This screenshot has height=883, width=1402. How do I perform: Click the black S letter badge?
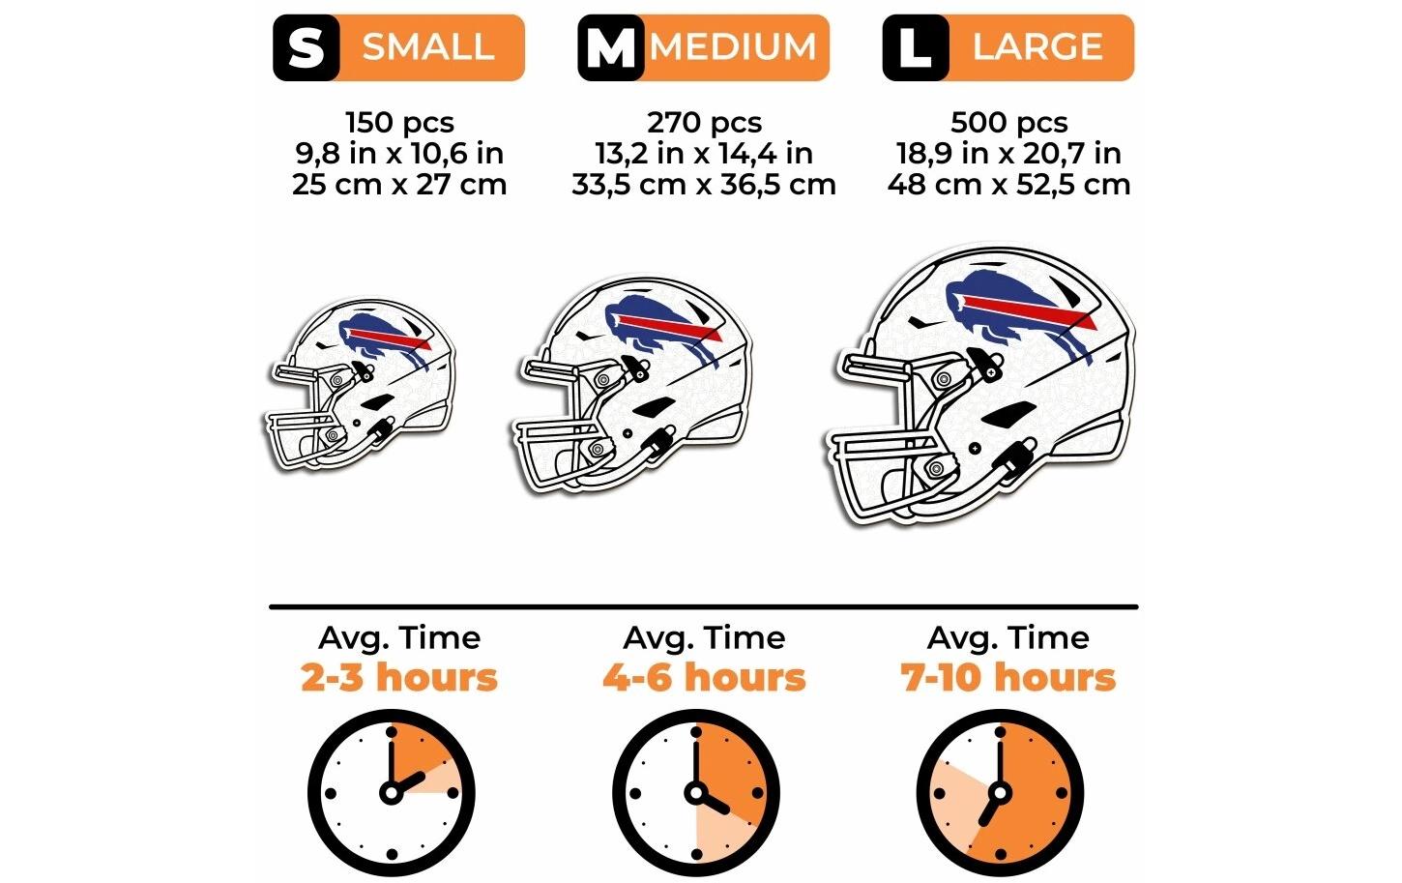pos(306,47)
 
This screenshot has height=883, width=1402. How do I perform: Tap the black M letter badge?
pos(610,47)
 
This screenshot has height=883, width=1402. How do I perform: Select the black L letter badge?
pos(914,47)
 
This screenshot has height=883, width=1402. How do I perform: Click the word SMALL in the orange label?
pos(428,46)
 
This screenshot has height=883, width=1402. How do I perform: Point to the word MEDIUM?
pos(734,46)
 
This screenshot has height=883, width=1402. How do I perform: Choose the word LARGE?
pos(1037,46)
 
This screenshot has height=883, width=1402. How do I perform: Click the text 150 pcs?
pos(399,123)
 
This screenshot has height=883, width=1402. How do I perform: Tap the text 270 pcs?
pos(704,123)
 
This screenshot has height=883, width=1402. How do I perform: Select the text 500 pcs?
pos(1008,123)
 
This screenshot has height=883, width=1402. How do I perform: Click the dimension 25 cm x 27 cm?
pos(399,184)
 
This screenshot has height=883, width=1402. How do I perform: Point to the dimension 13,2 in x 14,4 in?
pos(704,153)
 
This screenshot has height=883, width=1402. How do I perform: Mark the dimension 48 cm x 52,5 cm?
pos(1008,184)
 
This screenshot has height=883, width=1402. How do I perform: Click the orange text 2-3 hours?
pos(399,677)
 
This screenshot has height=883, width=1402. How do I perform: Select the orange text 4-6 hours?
pos(704,677)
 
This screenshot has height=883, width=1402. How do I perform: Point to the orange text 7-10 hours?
pos(1008,677)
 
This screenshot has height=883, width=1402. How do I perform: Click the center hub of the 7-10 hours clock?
pos(1000,793)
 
